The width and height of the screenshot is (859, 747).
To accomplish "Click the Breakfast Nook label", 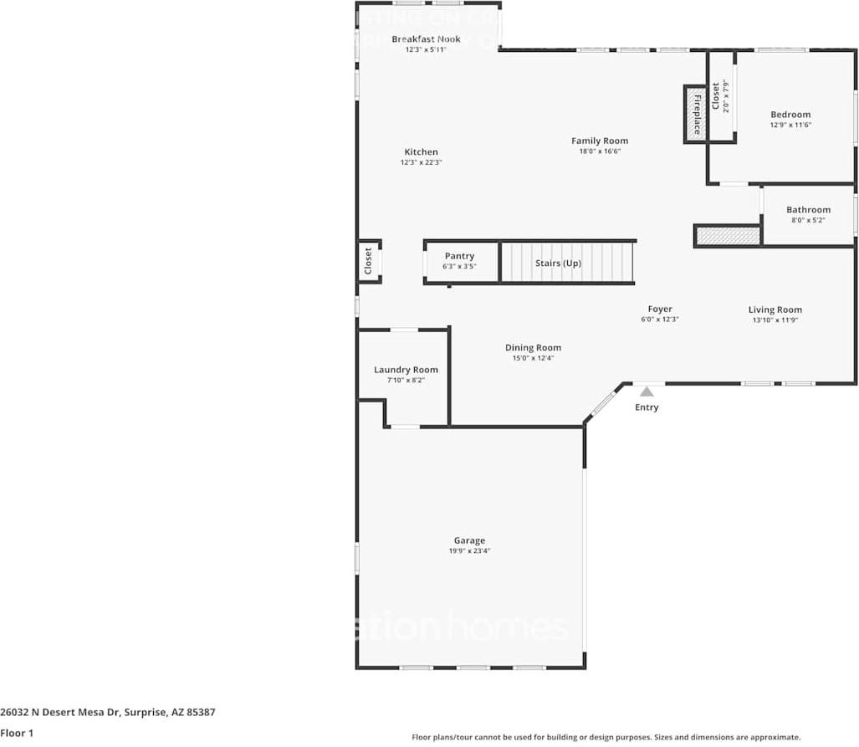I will pos(426,39).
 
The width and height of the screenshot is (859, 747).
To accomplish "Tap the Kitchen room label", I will pos(421,152).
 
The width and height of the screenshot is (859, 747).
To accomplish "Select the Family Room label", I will pos(599,141).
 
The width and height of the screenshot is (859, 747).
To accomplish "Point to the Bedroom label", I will pos(790,115).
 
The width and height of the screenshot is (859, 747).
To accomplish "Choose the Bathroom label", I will pos(808,210).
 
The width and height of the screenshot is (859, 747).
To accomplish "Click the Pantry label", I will pos(459,256).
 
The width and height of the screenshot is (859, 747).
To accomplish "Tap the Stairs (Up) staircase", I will pos(567,263).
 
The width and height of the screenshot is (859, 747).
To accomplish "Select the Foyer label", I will pos(659,310).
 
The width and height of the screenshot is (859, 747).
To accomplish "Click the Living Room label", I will pos(775,310).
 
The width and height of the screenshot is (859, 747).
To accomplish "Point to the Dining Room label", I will pos(533,348).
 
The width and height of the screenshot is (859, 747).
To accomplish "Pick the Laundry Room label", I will pos(406,370).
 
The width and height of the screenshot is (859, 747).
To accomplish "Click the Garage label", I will pos(469,540).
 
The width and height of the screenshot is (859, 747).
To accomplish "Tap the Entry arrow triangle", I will pos(647,391).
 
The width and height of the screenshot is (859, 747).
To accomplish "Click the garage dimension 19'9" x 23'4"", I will pos(469,551).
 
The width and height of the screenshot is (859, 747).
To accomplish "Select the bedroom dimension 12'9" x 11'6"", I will pos(790,125).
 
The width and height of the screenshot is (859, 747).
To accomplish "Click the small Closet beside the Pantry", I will pos(369,261).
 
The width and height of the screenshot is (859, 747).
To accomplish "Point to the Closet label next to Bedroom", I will pos(716,96).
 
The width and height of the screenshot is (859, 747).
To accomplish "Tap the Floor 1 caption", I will pos(17,734).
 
